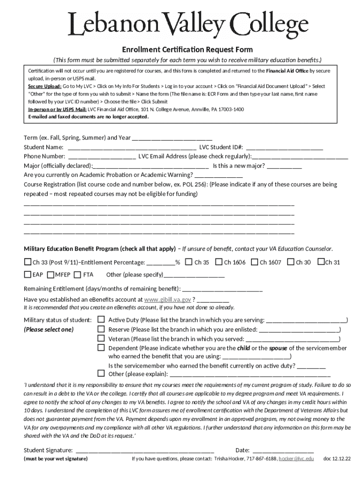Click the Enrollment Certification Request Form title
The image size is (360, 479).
point(187,50)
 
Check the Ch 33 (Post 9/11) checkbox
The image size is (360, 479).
point(28,262)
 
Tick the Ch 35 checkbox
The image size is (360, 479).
point(188,262)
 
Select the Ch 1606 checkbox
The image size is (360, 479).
point(218,262)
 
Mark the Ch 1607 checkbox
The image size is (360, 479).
point(254,262)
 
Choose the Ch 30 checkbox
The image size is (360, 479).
point(291,262)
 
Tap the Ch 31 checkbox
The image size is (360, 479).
point(321,262)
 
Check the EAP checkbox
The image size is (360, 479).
point(28,274)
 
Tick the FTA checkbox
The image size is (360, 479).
point(77,274)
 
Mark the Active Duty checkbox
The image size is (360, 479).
point(101,319)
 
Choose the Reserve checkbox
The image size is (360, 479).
point(101,329)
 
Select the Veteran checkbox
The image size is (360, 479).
point(101,338)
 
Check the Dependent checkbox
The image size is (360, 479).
point(101,348)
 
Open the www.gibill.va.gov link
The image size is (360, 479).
point(167,299)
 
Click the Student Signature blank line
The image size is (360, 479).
point(144,450)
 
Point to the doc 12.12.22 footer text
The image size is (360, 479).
point(337,459)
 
